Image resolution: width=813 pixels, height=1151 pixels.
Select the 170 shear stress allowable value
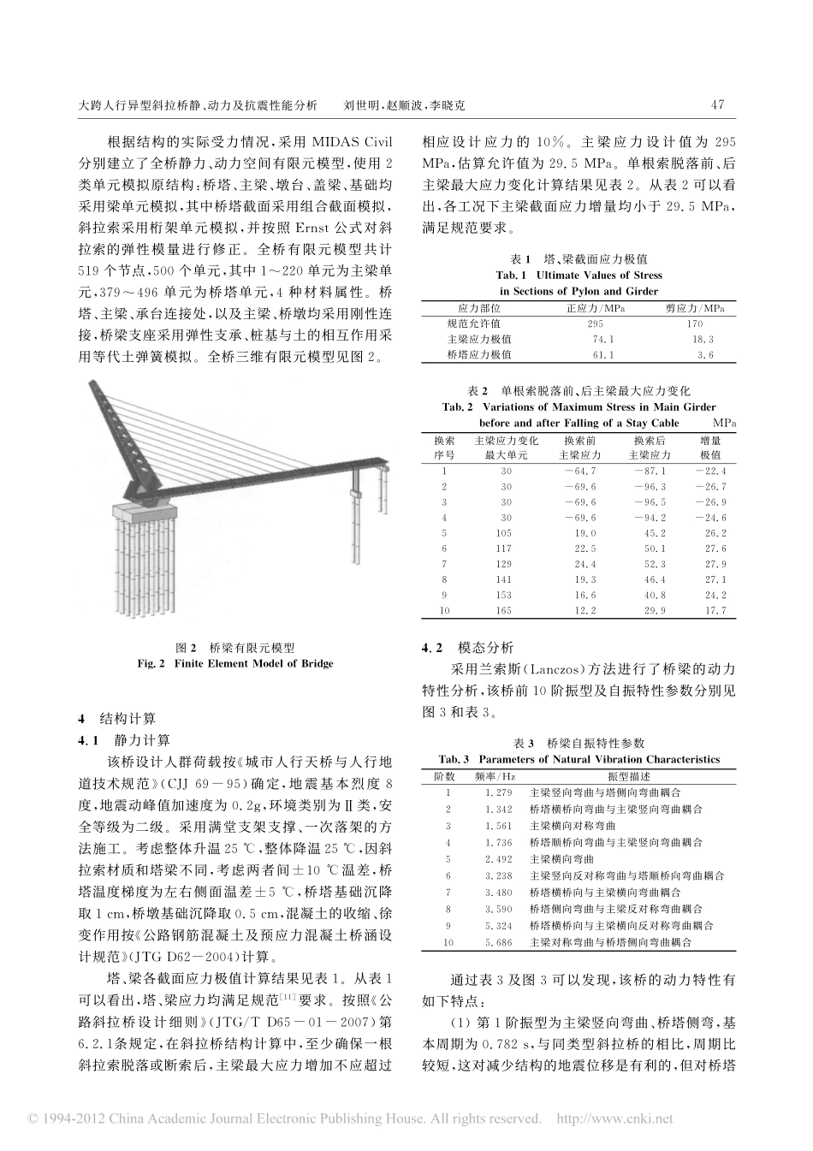point(695,323)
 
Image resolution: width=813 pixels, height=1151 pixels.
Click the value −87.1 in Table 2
point(650,471)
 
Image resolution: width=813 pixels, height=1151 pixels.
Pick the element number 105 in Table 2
point(506,532)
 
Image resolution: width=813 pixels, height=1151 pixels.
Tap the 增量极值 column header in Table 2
point(711,448)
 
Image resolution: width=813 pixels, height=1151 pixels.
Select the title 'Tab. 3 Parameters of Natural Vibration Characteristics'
point(579,759)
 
